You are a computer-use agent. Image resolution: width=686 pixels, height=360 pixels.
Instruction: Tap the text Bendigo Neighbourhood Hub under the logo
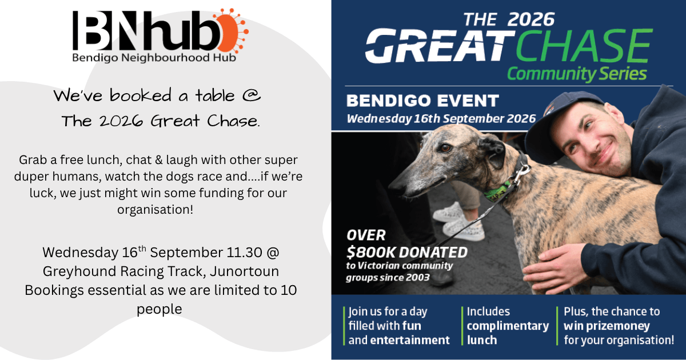click(154, 58)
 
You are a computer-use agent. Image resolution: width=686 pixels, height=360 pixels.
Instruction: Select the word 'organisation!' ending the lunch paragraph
click(155, 210)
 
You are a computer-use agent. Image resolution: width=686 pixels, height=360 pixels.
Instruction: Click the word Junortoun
click(245, 271)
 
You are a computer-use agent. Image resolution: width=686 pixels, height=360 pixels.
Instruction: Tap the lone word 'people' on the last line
click(159, 309)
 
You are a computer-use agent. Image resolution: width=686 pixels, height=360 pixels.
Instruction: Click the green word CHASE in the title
click(584, 46)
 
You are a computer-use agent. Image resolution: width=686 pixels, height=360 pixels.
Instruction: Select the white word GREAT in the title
click(440, 46)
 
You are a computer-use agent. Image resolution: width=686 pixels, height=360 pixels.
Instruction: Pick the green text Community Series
click(577, 74)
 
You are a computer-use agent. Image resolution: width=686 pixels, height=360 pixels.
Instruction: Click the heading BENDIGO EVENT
click(422, 101)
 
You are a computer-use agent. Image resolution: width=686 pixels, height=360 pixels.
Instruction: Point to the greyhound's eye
click(445, 148)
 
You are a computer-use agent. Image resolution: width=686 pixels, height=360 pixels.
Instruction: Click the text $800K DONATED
click(407, 252)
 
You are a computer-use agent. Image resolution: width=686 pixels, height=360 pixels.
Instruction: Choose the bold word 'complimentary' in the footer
click(508, 326)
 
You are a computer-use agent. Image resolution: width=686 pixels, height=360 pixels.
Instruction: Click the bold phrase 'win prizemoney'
click(607, 326)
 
